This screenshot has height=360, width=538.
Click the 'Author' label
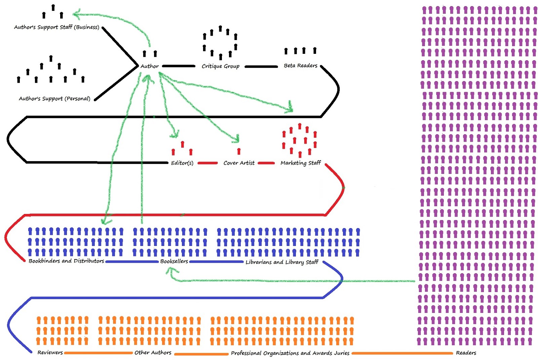(x=149, y=66)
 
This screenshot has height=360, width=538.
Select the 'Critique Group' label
(x=220, y=66)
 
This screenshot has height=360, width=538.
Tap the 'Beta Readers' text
(x=300, y=66)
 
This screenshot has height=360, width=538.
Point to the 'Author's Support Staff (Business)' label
(x=56, y=27)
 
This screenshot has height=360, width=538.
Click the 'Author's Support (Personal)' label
(x=54, y=99)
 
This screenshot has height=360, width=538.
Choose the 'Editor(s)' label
(x=182, y=163)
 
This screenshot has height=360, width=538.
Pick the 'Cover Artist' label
(x=239, y=163)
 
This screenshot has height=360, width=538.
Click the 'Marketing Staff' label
(x=301, y=163)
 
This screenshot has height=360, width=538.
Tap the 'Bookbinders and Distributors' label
(x=66, y=261)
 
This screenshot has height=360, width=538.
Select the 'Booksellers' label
(x=174, y=261)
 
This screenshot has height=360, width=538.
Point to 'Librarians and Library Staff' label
(x=282, y=262)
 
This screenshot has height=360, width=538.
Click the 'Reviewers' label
(x=50, y=353)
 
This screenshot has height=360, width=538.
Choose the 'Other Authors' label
(x=153, y=353)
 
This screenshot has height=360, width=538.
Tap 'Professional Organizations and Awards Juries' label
(x=290, y=353)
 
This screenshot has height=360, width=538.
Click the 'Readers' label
(x=466, y=353)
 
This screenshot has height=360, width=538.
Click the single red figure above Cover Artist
(x=239, y=151)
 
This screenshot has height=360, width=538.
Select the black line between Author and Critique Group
(x=179, y=66)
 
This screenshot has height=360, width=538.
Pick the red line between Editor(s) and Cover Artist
(x=207, y=163)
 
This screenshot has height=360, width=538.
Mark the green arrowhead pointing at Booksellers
(x=171, y=271)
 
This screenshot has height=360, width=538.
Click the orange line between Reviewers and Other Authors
(x=98, y=353)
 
